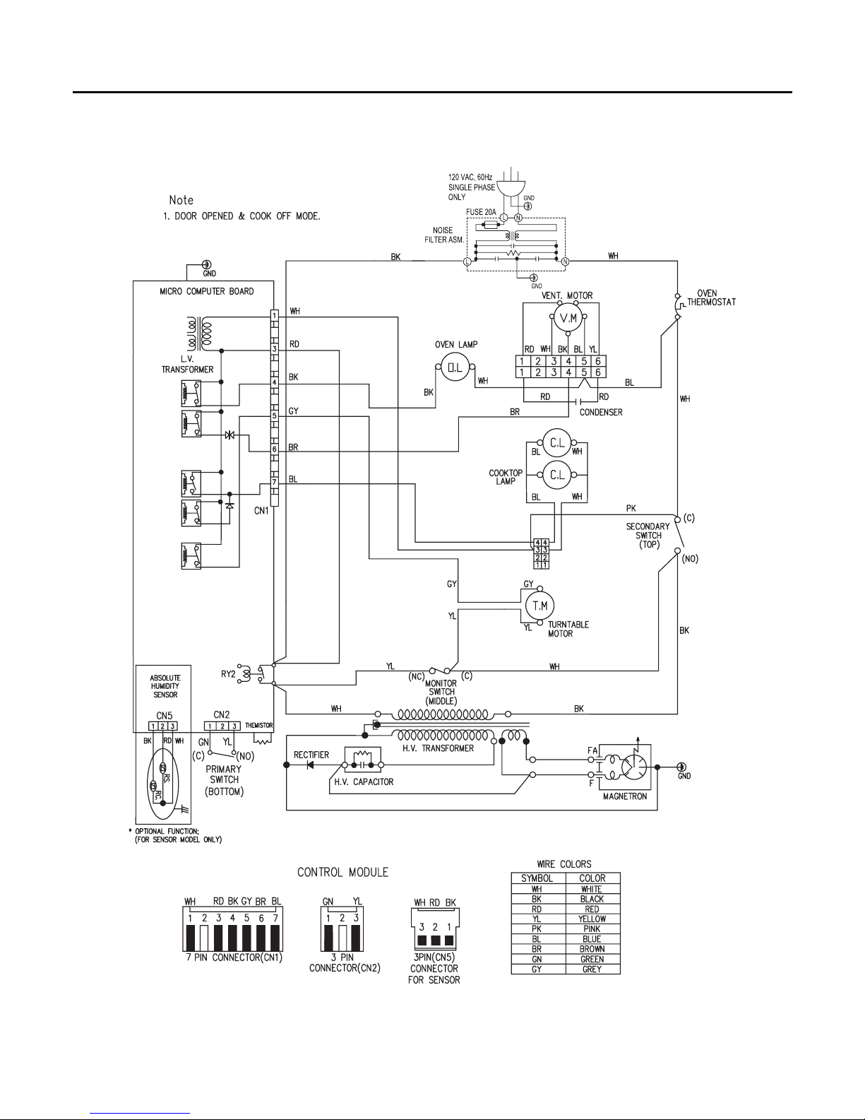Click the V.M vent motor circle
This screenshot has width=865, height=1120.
pos(568,318)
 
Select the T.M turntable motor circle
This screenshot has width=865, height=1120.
pos(539,606)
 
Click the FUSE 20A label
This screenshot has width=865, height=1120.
pos(481,212)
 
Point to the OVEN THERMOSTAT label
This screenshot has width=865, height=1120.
pos(711,297)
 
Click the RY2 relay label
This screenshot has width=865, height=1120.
pos(228,674)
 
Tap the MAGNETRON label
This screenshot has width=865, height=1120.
pos(624,796)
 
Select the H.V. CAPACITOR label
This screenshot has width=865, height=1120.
pos(364,782)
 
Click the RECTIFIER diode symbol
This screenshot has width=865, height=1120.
pos(310,765)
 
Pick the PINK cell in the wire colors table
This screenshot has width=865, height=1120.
pos(592,929)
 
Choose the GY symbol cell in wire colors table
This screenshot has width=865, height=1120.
pos(537,969)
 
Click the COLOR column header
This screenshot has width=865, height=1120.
pos(592,878)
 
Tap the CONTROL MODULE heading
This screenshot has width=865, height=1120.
pos(343,872)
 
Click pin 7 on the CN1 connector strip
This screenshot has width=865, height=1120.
pos(275,483)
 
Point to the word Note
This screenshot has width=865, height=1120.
pos(181,200)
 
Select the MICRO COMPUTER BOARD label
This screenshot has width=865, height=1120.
pos(206,291)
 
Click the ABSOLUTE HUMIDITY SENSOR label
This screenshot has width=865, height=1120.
pos(165,686)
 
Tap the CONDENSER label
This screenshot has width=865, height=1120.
pos(601,413)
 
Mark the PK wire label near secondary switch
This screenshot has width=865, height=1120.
pos(631,508)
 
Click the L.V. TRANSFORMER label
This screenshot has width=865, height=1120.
pos(187,365)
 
